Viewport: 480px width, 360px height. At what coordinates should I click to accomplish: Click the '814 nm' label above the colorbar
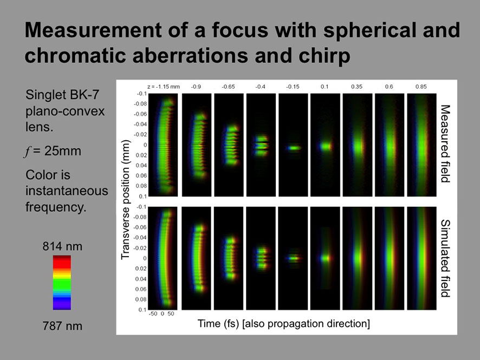tap(62, 246)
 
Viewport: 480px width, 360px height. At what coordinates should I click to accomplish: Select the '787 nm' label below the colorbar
tap(62, 326)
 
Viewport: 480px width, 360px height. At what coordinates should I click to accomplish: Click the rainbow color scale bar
tap(62, 283)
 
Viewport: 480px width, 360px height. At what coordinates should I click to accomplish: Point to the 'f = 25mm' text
tap(53, 151)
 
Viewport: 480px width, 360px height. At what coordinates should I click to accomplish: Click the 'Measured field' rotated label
tap(445, 144)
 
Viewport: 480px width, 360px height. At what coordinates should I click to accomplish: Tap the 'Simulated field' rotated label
tap(445, 258)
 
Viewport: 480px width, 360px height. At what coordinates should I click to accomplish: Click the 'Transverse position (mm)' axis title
tap(126, 200)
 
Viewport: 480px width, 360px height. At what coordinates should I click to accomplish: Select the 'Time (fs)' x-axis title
tap(218, 324)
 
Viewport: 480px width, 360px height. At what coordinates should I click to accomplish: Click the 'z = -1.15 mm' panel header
tap(164, 87)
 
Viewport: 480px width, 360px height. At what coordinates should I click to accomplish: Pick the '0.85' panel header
tap(421, 87)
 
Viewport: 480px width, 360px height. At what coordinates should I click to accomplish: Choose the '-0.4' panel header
tap(260, 87)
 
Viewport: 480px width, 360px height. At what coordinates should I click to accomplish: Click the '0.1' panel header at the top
tap(325, 87)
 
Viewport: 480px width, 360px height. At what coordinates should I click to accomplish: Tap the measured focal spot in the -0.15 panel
tap(294, 148)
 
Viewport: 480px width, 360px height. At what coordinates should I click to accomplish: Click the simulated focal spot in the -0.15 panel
tap(294, 258)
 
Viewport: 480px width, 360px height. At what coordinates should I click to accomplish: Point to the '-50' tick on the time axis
tap(153, 314)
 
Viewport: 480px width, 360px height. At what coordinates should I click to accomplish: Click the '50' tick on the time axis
tap(171, 314)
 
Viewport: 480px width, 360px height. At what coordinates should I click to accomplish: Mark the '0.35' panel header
tap(356, 87)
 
